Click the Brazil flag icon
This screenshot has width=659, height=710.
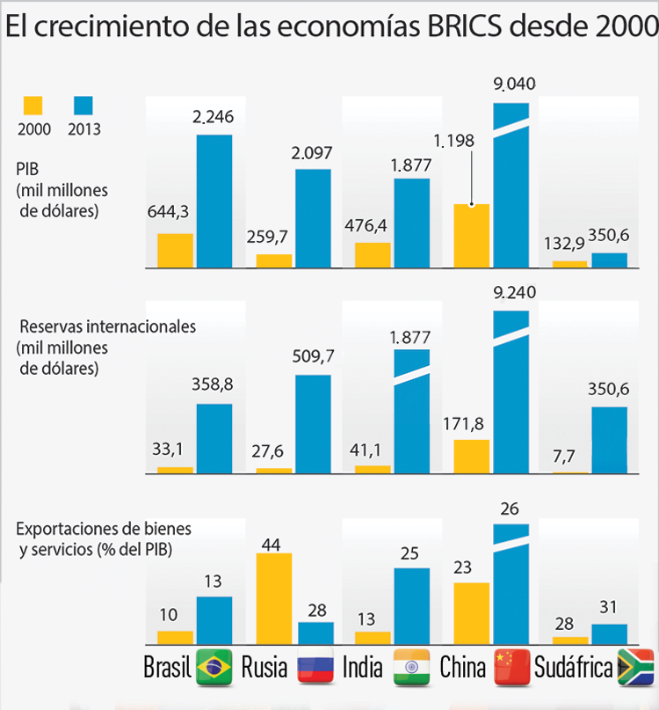(x=214, y=668)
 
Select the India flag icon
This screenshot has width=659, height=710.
(x=412, y=668)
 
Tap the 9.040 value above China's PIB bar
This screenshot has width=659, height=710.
(x=514, y=84)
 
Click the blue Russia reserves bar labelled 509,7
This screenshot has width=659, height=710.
(x=313, y=424)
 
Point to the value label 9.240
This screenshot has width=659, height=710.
(x=514, y=293)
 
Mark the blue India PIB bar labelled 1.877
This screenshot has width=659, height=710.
(x=412, y=223)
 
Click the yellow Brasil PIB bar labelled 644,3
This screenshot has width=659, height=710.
(x=175, y=250)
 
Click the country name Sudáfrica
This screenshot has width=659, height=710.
(x=573, y=668)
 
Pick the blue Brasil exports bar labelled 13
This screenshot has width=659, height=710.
(x=214, y=621)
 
